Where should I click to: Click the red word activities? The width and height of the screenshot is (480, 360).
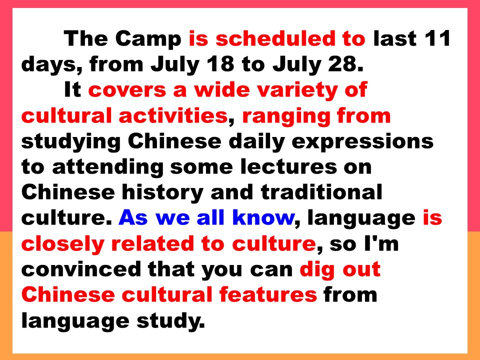pyautogui.click(x=173, y=115)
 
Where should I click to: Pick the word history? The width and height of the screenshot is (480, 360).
pyautogui.click(x=162, y=193)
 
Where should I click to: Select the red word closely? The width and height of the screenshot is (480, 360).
pyautogui.click(x=62, y=244)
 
